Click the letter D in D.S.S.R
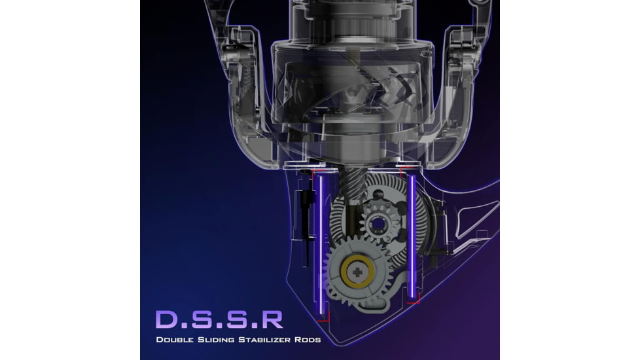tap(166, 319)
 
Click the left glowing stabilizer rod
tap(321, 245)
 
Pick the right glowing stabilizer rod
tap(412, 237)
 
